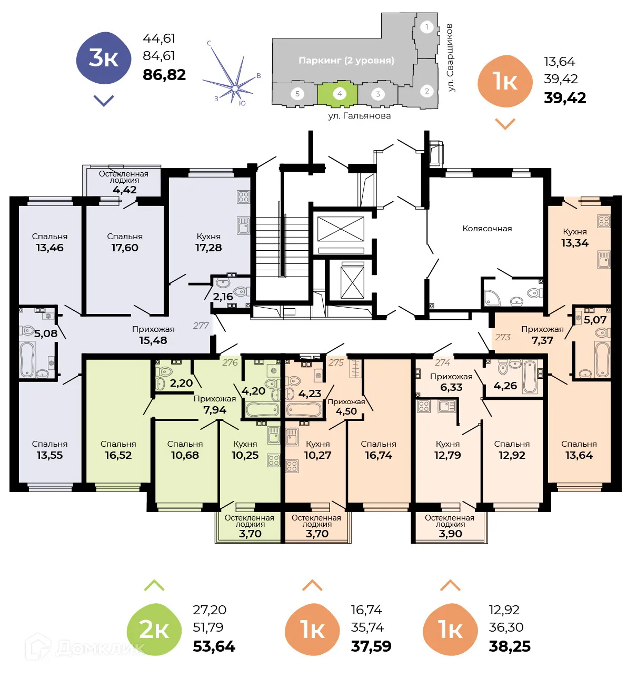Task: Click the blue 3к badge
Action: point(103,58)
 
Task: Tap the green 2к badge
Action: point(154,630)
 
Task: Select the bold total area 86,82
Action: point(164,75)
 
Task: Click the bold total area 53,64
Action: point(214,646)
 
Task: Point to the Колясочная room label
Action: point(487,229)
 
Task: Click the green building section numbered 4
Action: point(339,94)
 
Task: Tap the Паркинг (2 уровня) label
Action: point(346,61)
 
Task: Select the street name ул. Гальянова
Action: point(359,116)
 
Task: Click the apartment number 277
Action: point(201,326)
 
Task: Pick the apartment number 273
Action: point(502,337)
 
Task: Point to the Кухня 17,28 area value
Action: point(208,248)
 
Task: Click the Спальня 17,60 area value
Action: point(125,248)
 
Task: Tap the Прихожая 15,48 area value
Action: point(153,340)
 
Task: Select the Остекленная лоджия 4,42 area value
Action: point(125,190)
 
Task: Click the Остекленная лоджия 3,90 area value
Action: point(450,534)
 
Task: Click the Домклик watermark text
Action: point(100,647)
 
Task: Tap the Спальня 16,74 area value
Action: point(379,455)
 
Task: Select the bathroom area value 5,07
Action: point(595,320)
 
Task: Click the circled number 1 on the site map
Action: point(426,27)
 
